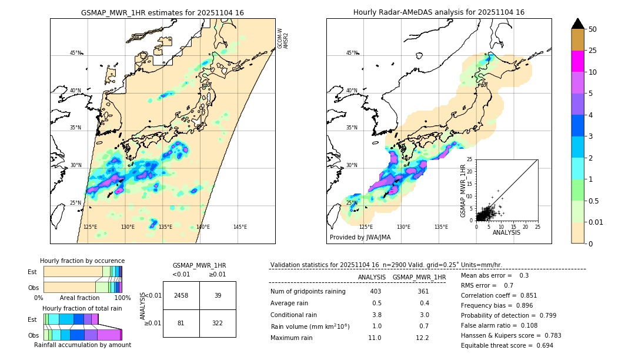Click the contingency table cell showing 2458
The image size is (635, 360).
pyautogui.click(x=181, y=295)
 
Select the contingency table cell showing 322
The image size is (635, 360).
pyautogui.click(x=218, y=323)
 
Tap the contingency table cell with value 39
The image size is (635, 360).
pyautogui.click(x=218, y=295)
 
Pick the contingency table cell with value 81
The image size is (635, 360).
pyautogui.click(x=181, y=323)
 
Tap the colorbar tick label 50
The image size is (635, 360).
pyautogui.click(x=593, y=29)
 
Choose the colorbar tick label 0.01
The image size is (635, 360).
pyautogui.click(x=596, y=222)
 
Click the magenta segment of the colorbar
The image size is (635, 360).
pyautogui.click(x=578, y=61)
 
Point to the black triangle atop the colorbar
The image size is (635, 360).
pyautogui.click(x=578, y=24)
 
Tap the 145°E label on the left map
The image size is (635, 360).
pyautogui.click(x=240, y=227)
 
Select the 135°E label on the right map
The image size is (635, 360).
pyautogui.click(x=441, y=227)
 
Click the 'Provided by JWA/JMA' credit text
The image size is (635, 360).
pyautogui.click(x=360, y=237)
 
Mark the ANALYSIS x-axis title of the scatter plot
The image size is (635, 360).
pyautogui.click(x=506, y=232)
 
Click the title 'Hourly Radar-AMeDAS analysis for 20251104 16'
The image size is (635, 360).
pyautogui.click(x=439, y=12)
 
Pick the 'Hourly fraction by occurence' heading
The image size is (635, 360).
pyautogui.click(x=82, y=261)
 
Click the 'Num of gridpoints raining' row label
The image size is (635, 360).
pyautogui.click(x=308, y=292)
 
